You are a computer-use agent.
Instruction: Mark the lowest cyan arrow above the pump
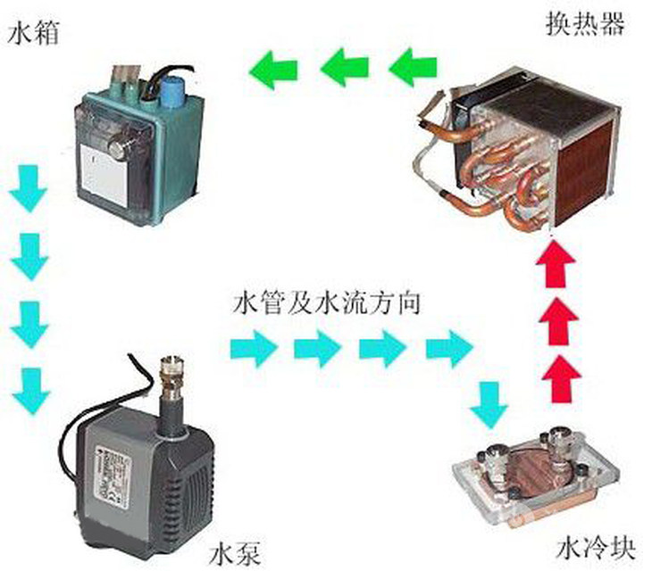29,385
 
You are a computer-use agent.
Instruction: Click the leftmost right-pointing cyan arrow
252,346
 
